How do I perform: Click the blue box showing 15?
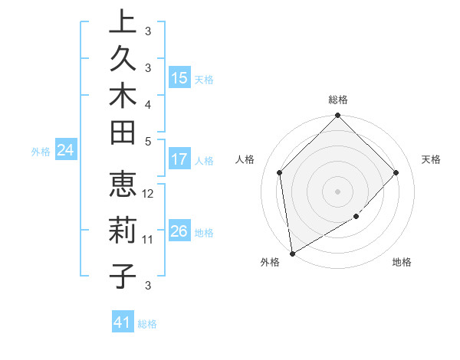point(179,77)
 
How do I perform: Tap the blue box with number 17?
point(179,159)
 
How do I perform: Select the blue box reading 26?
point(179,231)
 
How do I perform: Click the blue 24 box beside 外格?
point(66,151)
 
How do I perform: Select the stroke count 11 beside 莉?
point(148,240)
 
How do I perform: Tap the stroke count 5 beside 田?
point(148,141)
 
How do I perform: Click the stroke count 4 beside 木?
point(148,103)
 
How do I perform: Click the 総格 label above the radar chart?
point(338,100)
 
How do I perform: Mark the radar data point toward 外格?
point(292,254)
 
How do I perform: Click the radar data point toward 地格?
point(356,217)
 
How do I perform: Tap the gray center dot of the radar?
point(338,191)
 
